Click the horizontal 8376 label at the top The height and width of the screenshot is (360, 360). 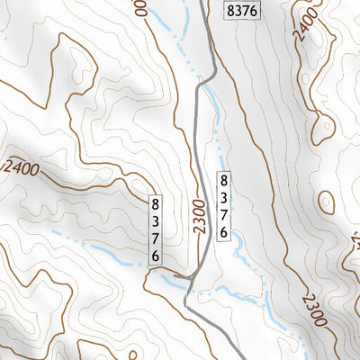[240, 11]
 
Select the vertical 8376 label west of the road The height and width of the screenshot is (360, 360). [156, 229]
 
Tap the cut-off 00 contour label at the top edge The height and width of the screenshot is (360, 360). [140, 9]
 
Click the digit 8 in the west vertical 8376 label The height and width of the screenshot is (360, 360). [156, 202]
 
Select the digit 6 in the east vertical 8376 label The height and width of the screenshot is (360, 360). [223, 231]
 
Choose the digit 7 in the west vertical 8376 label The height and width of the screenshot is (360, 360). [156, 238]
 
